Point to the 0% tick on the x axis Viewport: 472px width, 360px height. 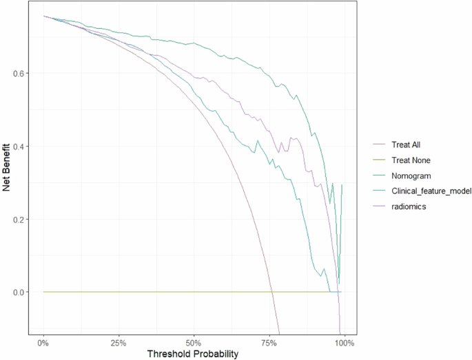[43, 342]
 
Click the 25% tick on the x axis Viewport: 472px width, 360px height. [119, 342]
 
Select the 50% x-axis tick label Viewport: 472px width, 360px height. [194, 342]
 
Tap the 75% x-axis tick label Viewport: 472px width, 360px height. [269, 342]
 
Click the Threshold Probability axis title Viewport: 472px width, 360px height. [194, 354]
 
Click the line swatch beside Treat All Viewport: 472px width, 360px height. [378, 145]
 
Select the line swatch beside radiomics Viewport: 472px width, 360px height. [378, 206]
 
